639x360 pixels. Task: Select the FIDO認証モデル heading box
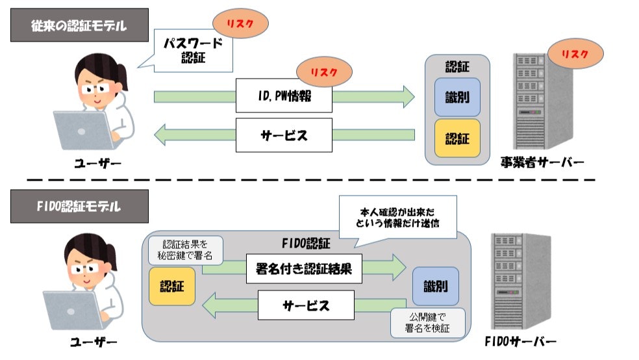pyautogui.click(x=79, y=207)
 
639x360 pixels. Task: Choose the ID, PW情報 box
pyautogui.click(x=284, y=97)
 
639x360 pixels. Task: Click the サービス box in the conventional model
pyautogui.click(x=284, y=135)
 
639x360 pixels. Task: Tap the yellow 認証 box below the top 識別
pyautogui.click(x=457, y=138)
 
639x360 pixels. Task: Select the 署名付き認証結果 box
pyautogui.click(x=304, y=269)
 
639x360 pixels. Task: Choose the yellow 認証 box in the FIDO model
pyautogui.click(x=171, y=286)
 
